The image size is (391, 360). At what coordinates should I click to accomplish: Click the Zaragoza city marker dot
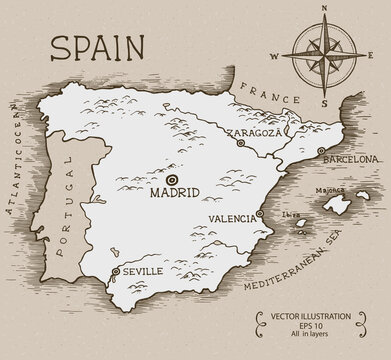(241, 143)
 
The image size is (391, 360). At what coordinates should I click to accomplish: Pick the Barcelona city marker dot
(320, 151)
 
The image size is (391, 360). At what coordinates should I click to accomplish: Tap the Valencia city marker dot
(260, 213)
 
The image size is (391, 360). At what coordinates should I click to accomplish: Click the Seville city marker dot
(115, 270)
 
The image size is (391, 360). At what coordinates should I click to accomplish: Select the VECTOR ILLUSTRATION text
(311, 317)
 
